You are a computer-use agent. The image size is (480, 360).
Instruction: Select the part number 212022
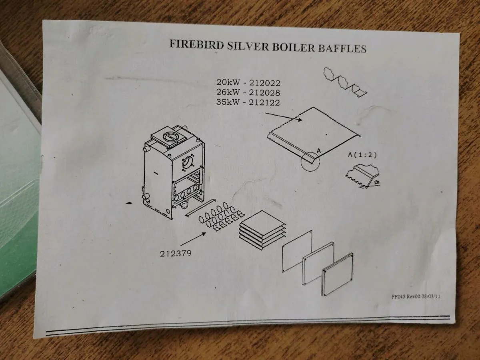point(265,83)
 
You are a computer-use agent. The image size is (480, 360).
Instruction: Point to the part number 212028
point(265,93)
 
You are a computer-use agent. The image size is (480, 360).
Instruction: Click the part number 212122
point(264,102)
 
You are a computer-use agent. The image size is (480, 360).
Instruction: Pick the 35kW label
point(228,102)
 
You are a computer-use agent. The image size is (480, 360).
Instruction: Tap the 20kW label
point(228,82)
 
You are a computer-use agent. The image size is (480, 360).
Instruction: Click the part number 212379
point(176,254)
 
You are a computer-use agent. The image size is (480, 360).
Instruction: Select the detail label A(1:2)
point(362,155)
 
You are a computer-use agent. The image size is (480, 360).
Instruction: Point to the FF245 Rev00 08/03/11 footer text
point(416,297)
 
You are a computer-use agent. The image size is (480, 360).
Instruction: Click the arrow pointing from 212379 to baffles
point(193,239)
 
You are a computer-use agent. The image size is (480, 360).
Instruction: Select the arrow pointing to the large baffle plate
point(284,116)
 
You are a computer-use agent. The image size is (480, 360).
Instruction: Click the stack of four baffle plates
point(262,231)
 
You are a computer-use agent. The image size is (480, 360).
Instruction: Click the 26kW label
point(228,92)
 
